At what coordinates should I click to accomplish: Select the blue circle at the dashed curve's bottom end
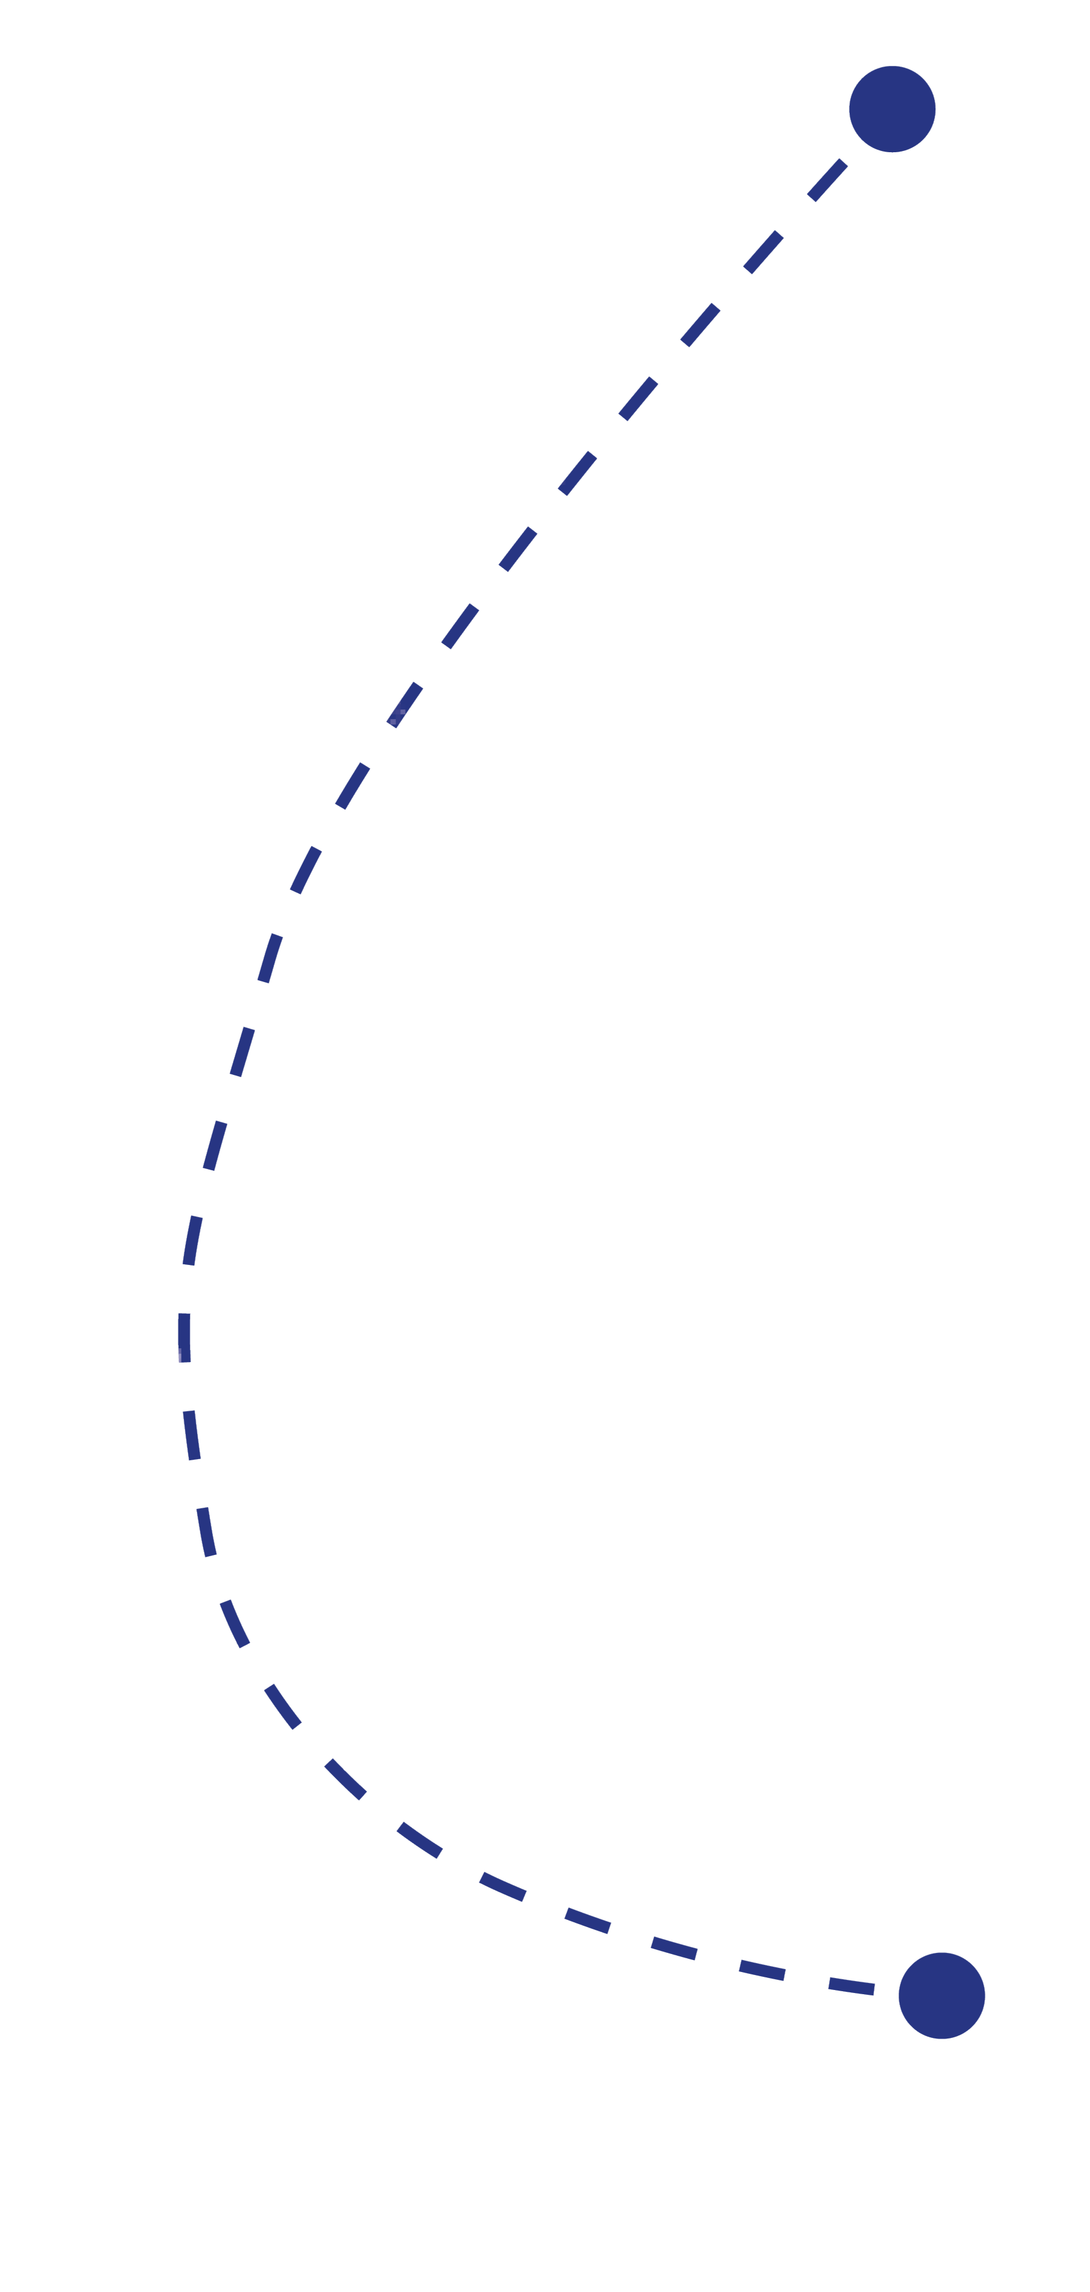[941, 1996]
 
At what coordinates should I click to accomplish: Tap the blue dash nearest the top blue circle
[826, 180]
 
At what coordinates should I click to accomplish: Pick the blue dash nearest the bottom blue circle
[851, 1986]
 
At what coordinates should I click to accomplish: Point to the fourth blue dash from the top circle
[638, 398]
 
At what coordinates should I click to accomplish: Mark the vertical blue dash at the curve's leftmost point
[184, 1337]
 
